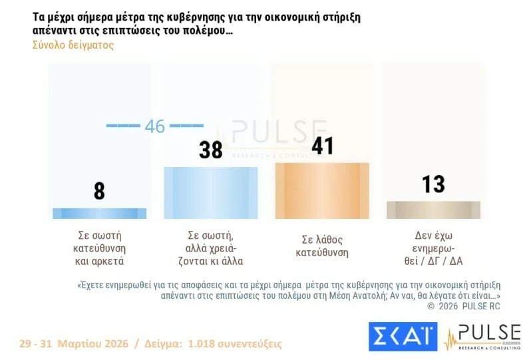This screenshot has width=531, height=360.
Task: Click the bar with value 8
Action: point(99,214)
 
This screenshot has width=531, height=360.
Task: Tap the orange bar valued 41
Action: point(322,190)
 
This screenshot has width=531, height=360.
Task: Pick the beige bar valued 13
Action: point(433,210)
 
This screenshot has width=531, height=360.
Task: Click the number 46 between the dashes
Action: point(154,126)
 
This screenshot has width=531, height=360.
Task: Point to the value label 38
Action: point(211,150)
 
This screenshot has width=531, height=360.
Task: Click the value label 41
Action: point(322,145)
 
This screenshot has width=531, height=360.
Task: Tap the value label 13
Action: point(433,184)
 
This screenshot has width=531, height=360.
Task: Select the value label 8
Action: point(99,191)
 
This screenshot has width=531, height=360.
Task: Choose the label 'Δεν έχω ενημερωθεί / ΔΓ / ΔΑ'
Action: point(433,248)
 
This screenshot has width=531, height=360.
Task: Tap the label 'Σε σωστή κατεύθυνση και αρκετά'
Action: point(99,248)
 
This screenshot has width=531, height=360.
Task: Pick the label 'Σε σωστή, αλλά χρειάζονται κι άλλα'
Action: point(211,248)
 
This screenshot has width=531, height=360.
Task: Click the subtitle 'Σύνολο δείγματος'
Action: point(73,45)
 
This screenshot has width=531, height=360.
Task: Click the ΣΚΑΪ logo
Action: point(402,336)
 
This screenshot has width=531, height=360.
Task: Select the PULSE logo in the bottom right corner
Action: point(482,336)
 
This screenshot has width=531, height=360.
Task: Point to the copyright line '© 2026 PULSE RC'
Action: point(463,306)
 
